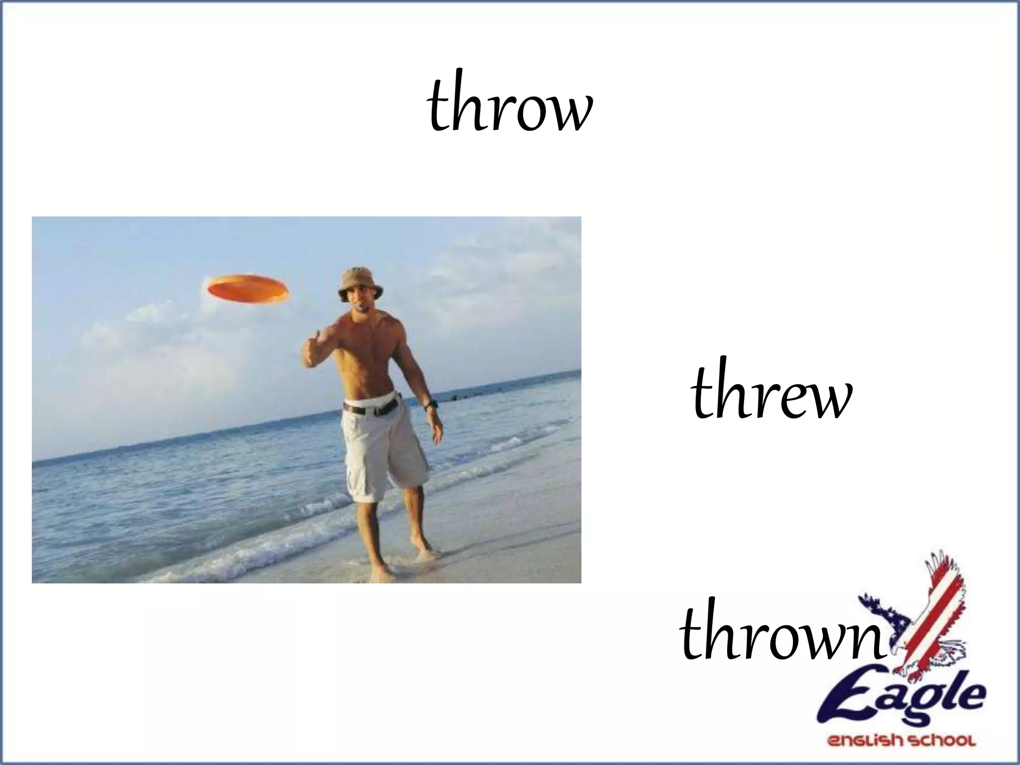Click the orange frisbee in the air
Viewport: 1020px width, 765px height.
[248, 288]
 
